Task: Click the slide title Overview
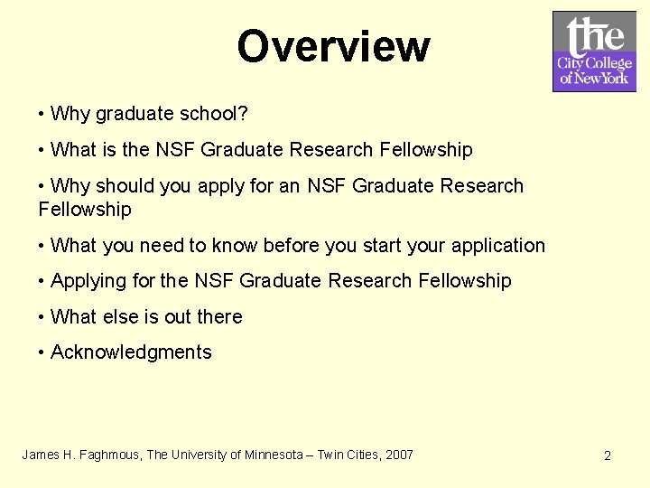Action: click(x=333, y=46)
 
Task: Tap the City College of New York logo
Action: click(x=594, y=52)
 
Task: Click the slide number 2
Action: click(x=607, y=455)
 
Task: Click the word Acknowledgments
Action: click(x=131, y=352)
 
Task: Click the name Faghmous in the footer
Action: click(x=112, y=455)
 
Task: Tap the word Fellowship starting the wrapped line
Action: click(x=85, y=210)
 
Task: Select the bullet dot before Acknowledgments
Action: click(x=42, y=353)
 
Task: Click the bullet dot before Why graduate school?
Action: click(x=42, y=115)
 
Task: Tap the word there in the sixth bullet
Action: click(x=220, y=317)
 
